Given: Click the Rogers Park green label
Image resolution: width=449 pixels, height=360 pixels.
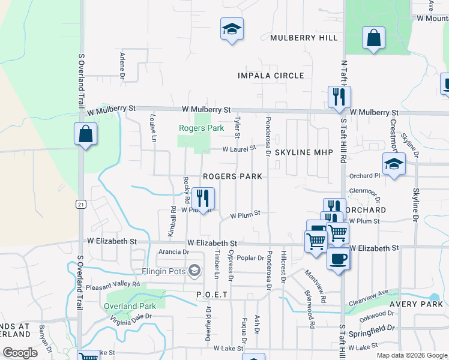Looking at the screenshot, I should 201,128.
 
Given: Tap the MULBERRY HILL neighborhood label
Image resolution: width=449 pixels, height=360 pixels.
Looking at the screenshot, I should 304,38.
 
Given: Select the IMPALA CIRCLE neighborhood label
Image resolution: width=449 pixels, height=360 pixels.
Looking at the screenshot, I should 271,76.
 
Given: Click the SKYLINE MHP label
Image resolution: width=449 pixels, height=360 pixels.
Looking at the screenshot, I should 304,153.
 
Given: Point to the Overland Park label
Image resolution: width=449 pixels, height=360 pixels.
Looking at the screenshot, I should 130,306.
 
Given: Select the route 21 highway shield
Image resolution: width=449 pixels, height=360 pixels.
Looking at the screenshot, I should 80,204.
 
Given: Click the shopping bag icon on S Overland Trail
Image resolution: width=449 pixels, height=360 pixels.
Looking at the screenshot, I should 85,134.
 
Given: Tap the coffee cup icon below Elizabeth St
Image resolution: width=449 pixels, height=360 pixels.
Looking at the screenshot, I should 338,259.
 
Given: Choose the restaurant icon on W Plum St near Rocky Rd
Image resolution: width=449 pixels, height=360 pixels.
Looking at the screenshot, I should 203,198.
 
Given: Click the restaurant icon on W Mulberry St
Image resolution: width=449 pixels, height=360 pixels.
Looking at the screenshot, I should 339,97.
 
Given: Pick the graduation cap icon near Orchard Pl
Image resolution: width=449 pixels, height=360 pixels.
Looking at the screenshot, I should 394,163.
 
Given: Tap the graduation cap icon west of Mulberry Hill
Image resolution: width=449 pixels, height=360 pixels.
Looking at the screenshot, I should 231,29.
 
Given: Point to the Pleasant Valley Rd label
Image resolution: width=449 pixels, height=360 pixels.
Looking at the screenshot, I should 113,285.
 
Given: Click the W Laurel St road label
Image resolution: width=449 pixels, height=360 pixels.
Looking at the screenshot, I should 240,148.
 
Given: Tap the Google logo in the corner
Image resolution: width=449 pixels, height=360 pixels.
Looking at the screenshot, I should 20,353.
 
